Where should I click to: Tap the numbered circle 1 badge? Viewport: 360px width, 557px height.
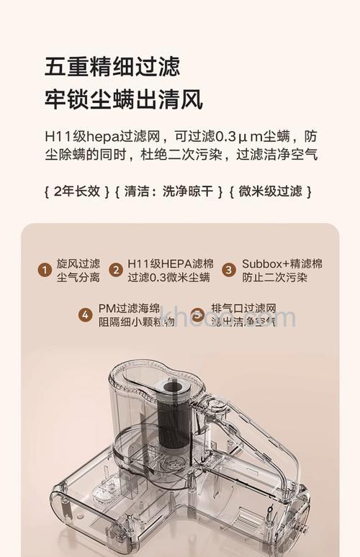click(45, 271)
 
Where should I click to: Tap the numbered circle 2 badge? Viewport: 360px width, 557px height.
click(115, 271)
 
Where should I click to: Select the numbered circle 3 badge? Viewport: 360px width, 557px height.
click(229, 271)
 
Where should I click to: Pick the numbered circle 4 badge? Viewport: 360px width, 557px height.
click(86, 315)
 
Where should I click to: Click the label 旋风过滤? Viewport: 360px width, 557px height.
click(78, 263)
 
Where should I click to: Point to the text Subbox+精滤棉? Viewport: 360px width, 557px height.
click(282, 263)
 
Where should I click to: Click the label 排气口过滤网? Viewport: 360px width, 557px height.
click(243, 308)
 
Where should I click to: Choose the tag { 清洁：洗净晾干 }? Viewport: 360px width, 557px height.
click(168, 191)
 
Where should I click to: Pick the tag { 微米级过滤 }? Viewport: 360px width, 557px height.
click(270, 191)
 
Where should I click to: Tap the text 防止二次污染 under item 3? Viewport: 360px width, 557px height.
click(274, 278)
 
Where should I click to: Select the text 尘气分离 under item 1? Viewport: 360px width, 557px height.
click(78, 278)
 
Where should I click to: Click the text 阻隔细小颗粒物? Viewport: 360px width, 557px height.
click(136, 322)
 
